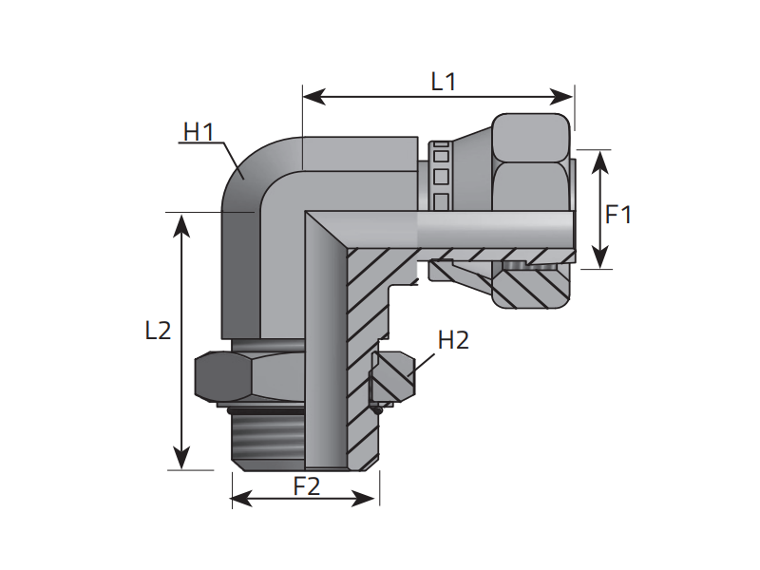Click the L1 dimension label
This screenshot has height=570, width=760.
tap(444, 82)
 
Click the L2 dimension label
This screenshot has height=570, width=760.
tap(158, 331)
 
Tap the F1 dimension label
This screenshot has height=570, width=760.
tap(619, 215)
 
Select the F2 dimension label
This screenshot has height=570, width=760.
tap(306, 486)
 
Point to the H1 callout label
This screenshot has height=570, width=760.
tap(199, 132)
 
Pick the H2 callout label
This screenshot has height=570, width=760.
tap(453, 340)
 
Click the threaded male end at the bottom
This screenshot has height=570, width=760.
tap(268, 437)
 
